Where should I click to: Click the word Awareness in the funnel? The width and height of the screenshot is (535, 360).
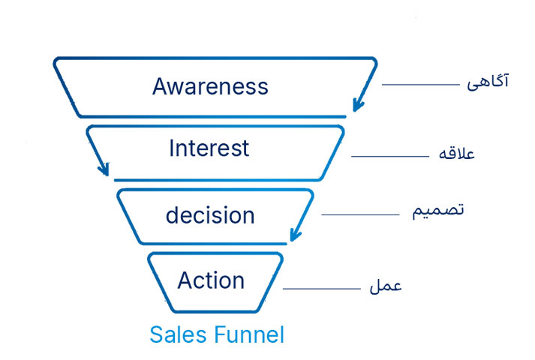[x=210, y=86]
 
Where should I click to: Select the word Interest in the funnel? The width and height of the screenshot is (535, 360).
[x=209, y=148]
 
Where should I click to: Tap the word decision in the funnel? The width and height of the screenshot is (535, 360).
[x=210, y=214]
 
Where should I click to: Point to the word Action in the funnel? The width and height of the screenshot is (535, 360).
[x=211, y=280]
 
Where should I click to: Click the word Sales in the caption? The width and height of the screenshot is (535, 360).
[x=178, y=334]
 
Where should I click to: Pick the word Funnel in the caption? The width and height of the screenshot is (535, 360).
[x=248, y=334]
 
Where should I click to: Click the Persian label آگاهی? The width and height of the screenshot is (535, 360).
[x=488, y=82]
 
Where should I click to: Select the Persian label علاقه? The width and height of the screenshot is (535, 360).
[x=456, y=153]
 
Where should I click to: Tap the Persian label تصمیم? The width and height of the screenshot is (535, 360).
[x=438, y=211]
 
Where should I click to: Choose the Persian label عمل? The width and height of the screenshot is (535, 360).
[x=386, y=286]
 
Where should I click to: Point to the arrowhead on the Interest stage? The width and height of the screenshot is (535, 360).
[x=104, y=169]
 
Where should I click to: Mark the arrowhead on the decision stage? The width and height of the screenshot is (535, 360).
[x=296, y=235]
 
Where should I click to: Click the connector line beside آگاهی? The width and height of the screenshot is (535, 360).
[x=421, y=85]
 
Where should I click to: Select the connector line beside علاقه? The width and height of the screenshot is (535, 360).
[x=390, y=157]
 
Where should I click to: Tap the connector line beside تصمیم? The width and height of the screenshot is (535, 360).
[x=360, y=214]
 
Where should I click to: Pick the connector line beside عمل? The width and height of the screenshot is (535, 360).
[x=321, y=289]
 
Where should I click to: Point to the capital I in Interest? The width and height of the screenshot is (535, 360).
[x=171, y=148]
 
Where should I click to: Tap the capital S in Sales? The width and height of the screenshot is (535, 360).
[x=157, y=334]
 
